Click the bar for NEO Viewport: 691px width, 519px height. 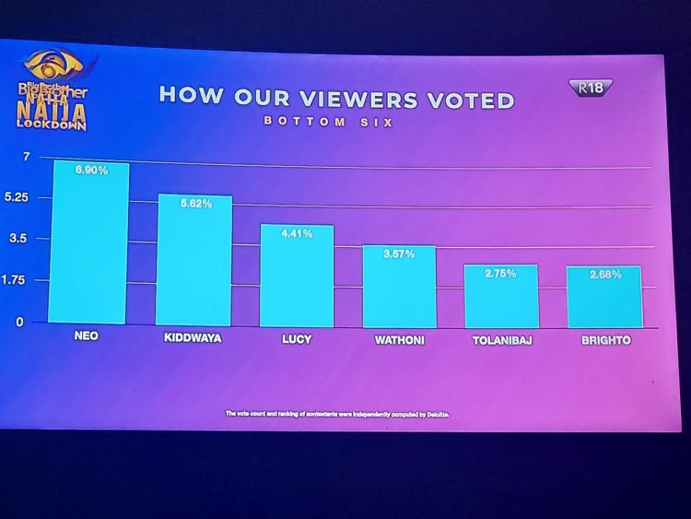pyautogui.click(x=90, y=243)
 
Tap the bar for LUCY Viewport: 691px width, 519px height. pyautogui.click(x=296, y=277)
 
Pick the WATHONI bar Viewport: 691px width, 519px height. pyautogui.click(x=399, y=288)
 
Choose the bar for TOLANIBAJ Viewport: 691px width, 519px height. pyautogui.click(x=501, y=297)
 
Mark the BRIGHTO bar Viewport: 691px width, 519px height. pyautogui.click(x=604, y=298)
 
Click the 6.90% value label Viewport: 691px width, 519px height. pyautogui.click(x=91, y=171)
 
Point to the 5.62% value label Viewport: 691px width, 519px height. pyautogui.click(x=194, y=204)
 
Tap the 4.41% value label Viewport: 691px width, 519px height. pyautogui.click(x=297, y=234)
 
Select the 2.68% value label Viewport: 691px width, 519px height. pyautogui.click(x=604, y=275)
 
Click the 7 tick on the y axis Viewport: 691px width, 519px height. pyautogui.click(x=27, y=158)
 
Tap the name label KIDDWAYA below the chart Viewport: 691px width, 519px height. pyautogui.click(x=193, y=338)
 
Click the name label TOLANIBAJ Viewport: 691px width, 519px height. pyautogui.click(x=501, y=340)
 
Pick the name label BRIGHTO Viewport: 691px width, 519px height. pyautogui.click(x=605, y=340)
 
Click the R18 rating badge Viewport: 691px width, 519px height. pyautogui.click(x=591, y=88)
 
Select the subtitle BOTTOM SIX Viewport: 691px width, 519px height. pyautogui.click(x=329, y=122)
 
